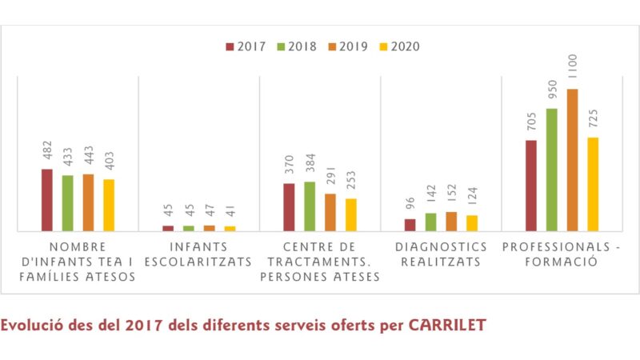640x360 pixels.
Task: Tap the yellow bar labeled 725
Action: (593, 184)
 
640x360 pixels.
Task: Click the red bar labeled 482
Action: (47, 200)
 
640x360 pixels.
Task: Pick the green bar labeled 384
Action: (310, 206)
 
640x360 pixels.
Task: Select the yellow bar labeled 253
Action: (350, 214)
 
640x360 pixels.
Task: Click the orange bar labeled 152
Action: (451, 222)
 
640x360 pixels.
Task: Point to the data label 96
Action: (410, 203)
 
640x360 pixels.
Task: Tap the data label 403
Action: (109, 160)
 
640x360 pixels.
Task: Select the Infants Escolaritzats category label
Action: (199, 254)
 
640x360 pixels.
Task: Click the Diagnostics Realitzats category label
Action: (441, 254)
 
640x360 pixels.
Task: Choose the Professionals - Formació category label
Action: (561, 254)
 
